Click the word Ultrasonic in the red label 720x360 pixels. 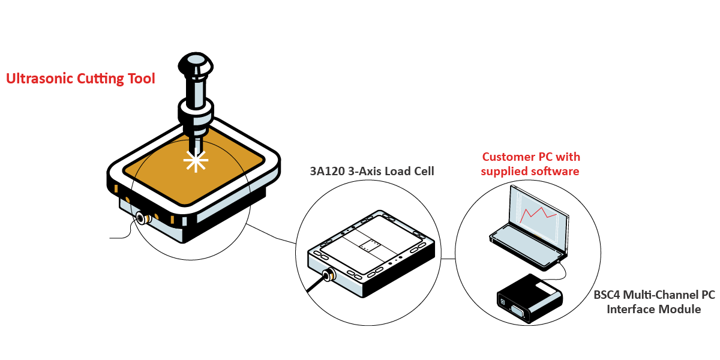tap(38, 79)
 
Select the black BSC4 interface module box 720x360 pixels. tap(529, 298)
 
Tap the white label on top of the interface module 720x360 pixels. tap(547, 287)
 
